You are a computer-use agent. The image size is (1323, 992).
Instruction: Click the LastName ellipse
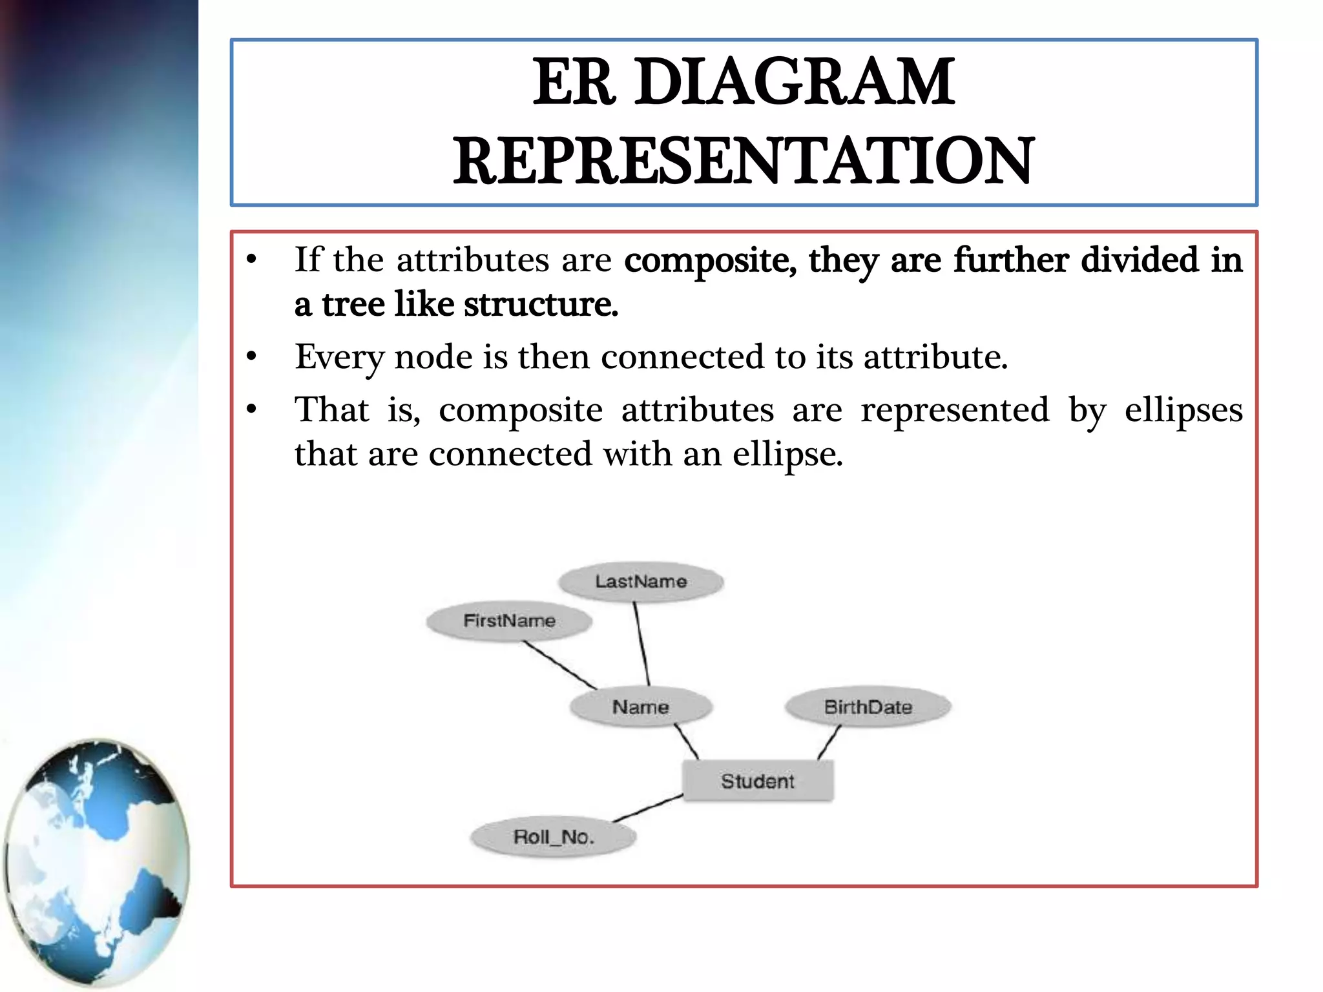point(640,582)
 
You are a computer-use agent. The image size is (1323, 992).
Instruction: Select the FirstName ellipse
point(509,621)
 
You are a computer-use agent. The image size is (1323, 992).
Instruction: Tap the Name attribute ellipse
point(640,707)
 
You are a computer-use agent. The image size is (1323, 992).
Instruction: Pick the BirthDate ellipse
point(868,707)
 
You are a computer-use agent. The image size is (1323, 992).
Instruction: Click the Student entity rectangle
point(758,781)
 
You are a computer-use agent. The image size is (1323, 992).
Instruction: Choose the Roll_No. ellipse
point(553,837)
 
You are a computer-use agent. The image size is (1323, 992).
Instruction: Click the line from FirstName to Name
point(559,665)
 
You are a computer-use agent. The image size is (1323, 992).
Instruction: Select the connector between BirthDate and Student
point(829,742)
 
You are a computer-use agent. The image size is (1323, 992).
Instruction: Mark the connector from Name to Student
point(687,741)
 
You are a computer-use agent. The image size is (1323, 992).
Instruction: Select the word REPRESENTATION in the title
point(744,161)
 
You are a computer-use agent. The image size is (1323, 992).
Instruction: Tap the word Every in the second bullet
point(338,357)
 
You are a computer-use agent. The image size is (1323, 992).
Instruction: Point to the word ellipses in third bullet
point(1183,410)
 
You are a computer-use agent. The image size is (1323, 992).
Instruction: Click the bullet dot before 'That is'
point(252,409)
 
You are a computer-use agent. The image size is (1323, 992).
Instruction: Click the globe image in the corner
point(97,862)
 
